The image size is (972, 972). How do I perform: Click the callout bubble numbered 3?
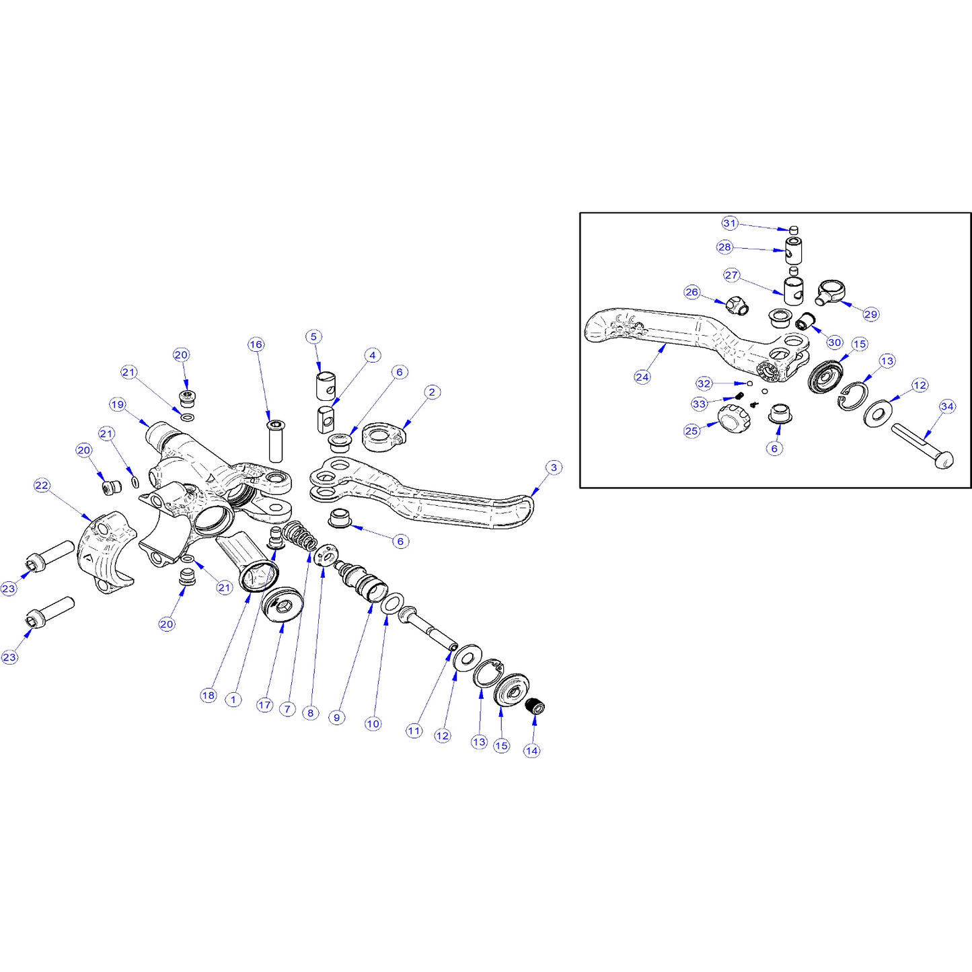(x=554, y=467)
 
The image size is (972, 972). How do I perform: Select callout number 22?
(x=42, y=485)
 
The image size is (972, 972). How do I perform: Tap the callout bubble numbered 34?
(x=947, y=406)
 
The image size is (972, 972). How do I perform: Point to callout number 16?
(x=256, y=344)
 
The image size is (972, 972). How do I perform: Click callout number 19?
(x=118, y=404)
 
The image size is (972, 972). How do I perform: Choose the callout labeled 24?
(x=642, y=377)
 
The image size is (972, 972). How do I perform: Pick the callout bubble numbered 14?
(x=531, y=751)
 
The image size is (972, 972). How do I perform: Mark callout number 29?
(x=871, y=314)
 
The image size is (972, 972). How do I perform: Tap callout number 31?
(x=730, y=223)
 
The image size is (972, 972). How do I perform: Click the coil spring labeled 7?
(x=299, y=536)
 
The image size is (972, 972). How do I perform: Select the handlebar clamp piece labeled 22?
(x=106, y=552)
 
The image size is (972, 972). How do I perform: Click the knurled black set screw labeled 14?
(x=535, y=706)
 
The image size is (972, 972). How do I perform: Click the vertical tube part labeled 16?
(x=276, y=441)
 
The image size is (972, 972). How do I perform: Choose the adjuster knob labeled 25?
(x=734, y=418)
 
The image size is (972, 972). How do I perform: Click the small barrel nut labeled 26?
(x=737, y=305)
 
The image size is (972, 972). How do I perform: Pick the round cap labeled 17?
(x=283, y=604)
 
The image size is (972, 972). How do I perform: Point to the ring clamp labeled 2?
(x=384, y=437)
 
